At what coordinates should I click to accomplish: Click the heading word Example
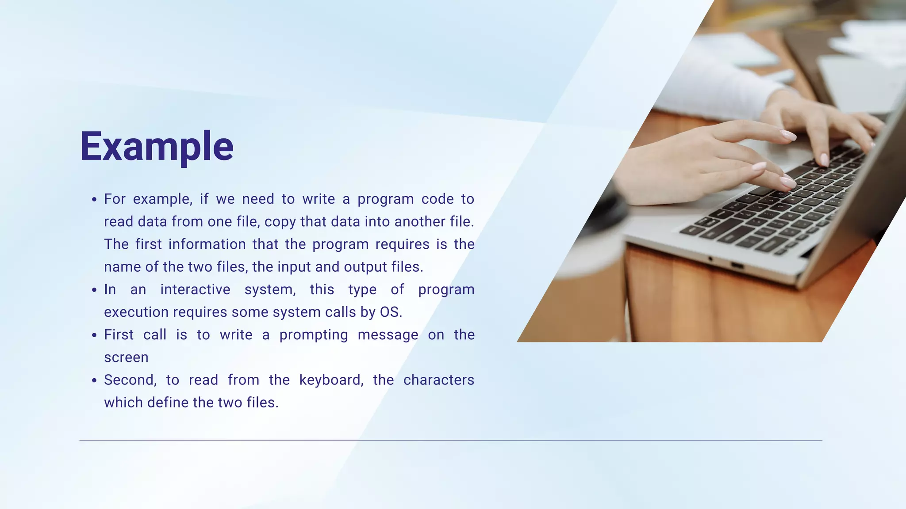tap(157, 147)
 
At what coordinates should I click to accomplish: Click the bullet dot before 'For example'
tap(94, 200)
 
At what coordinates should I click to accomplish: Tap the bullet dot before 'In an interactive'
tap(94, 290)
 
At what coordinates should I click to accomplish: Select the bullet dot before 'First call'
tap(94, 335)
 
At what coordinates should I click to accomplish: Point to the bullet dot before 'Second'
tap(94, 380)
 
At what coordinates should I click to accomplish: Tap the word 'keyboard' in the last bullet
tap(330, 380)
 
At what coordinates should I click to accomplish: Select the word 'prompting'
tap(314, 335)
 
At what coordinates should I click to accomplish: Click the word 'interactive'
tap(195, 289)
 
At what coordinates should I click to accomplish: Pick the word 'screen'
tap(126, 357)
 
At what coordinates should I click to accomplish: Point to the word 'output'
tap(366, 267)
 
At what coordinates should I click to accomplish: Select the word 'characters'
tap(438, 380)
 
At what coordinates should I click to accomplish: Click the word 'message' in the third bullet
tap(388, 335)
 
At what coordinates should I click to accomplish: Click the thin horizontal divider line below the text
tap(451, 440)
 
